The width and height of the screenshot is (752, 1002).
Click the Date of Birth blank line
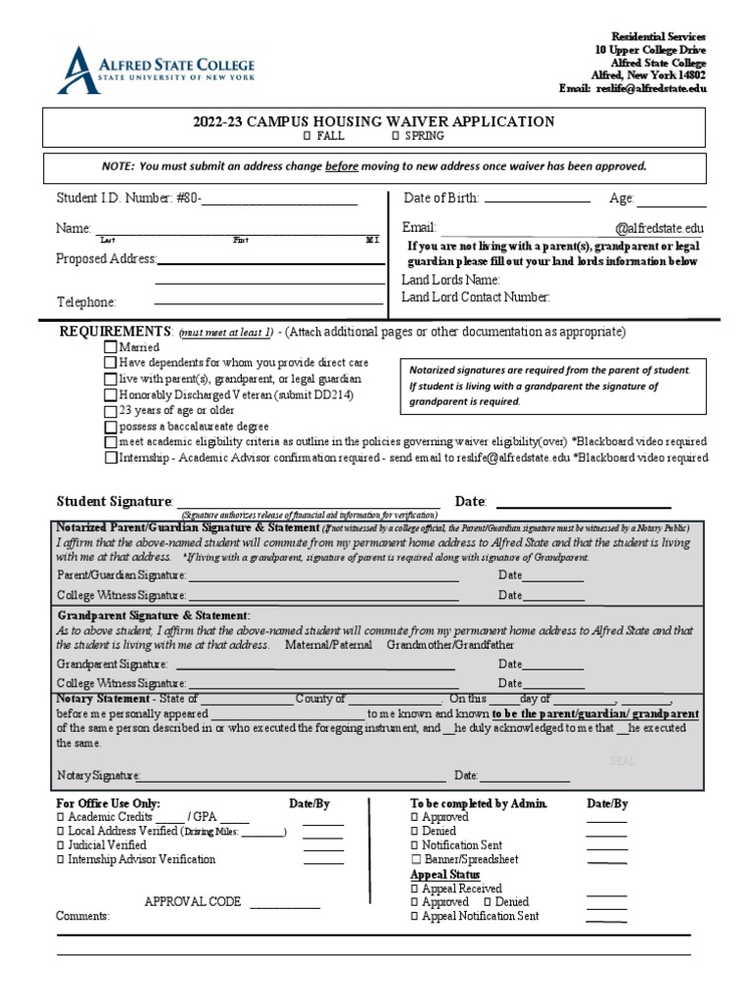pyautogui.click(x=538, y=200)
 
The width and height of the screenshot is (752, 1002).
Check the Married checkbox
pyautogui.click(x=111, y=347)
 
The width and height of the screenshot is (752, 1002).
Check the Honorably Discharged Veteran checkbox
pyautogui.click(x=111, y=395)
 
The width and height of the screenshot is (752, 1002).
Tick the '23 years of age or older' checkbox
pyautogui.click(x=111, y=411)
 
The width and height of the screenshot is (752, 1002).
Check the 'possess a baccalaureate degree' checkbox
pyautogui.click(x=111, y=427)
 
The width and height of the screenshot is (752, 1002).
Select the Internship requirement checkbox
pyautogui.click(x=111, y=458)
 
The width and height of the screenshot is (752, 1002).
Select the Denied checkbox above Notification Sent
pyautogui.click(x=414, y=831)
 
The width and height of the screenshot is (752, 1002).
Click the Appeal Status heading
pyautogui.click(x=445, y=874)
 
